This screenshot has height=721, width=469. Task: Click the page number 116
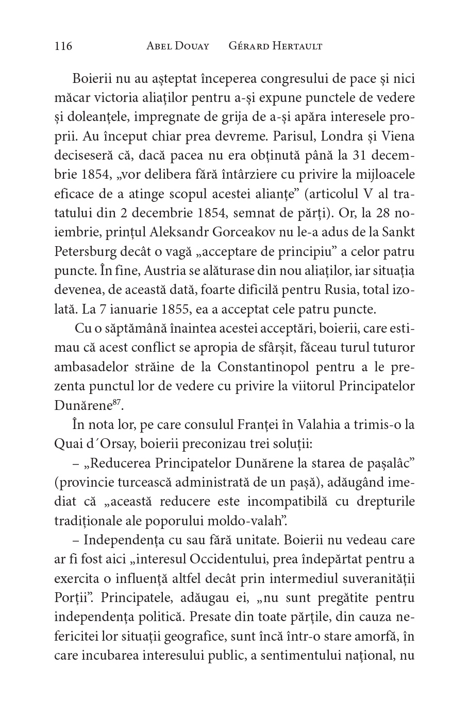63,46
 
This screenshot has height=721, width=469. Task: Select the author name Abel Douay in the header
178,46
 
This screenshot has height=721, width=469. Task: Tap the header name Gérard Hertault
275,46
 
